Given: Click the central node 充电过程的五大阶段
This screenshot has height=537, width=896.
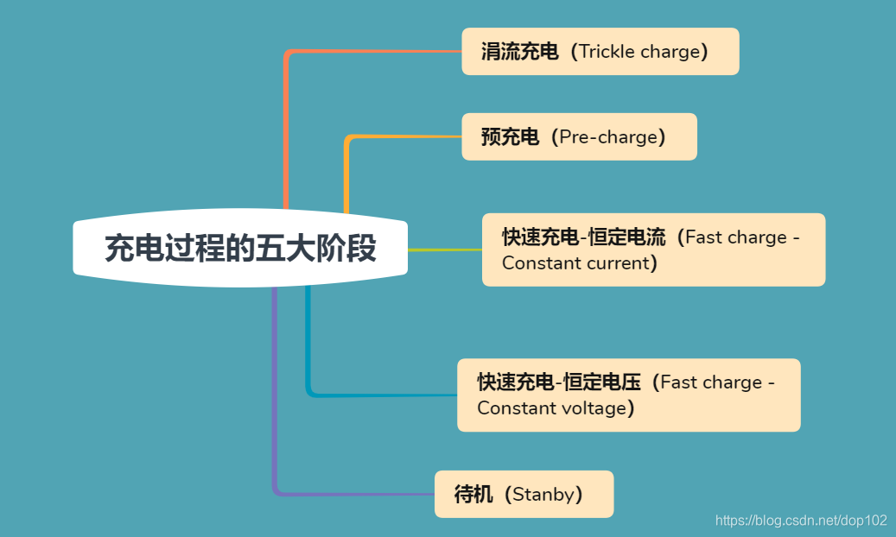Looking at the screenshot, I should point(240,249).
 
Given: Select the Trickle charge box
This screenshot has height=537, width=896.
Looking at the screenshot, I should point(600,52).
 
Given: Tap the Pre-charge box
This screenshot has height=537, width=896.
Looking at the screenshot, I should point(579,136).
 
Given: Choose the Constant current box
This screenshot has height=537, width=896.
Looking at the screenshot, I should point(653,250).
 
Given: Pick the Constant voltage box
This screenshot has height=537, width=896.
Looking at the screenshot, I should point(628,395).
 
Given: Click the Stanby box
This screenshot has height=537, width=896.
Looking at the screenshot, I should point(524,494).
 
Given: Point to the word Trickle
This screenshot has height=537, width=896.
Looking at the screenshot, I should point(607,52).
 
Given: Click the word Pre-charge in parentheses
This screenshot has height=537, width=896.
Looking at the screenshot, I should point(608,136).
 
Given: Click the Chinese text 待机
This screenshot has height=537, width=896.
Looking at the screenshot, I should point(473,495).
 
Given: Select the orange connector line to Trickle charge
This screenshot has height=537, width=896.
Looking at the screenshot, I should point(286,130).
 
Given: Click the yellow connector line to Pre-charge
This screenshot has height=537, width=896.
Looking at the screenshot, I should point(346,173).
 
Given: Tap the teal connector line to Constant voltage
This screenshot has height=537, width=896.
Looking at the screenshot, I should point(308,345).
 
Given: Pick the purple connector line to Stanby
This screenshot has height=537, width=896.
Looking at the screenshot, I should point(275,389).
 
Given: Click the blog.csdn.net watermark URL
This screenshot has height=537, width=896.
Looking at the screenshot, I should point(801,521).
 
